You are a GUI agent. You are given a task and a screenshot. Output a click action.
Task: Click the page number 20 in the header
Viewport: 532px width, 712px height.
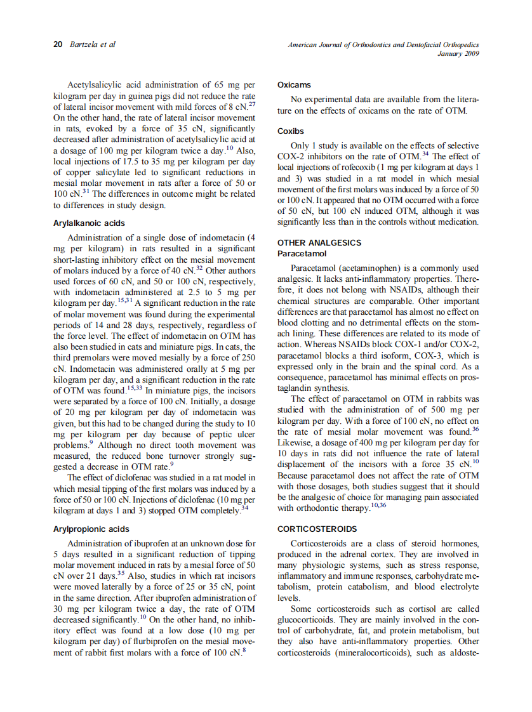click(x=57, y=44)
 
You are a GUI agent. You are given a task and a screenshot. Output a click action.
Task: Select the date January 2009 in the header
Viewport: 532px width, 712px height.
click(x=458, y=54)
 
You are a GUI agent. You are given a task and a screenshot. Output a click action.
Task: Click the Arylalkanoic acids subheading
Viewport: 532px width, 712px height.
click(x=89, y=223)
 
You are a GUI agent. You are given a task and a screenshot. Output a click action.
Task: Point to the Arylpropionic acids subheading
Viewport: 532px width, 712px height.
click(x=91, y=529)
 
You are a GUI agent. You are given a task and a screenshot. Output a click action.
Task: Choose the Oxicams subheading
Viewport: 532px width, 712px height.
click(x=294, y=84)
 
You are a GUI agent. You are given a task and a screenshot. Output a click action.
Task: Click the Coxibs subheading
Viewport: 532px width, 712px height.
click(x=291, y=131)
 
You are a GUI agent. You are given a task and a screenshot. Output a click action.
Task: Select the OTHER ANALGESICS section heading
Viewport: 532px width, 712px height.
click(x=319, y=242)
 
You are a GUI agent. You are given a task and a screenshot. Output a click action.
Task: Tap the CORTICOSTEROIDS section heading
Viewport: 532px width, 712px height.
click(x=317, y=529)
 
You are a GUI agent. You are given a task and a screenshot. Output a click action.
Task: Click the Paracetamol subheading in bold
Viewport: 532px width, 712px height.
click(x=302, y=253)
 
